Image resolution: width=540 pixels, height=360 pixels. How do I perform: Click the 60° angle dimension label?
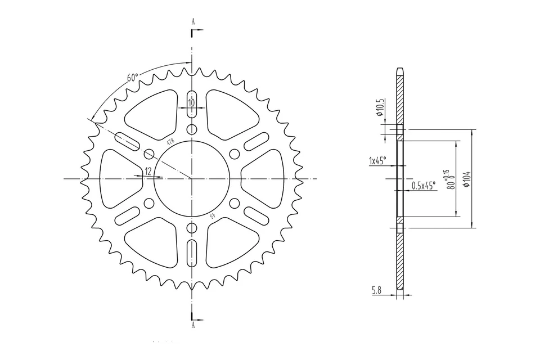(132, 78)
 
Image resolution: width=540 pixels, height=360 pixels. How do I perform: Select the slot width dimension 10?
(191, 102)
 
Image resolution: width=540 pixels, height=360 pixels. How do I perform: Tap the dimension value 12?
(148, 172)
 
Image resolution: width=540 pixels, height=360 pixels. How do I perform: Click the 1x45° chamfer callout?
(377, 161)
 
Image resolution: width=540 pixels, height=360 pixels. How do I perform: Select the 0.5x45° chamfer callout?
(423, 186)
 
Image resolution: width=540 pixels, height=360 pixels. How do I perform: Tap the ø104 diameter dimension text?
(466, 179)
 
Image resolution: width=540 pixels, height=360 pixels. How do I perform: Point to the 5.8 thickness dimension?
(377, 291)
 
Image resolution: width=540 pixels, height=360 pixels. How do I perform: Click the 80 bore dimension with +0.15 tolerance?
(449, 180)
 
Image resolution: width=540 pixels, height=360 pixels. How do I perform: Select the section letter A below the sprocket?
(193, 325)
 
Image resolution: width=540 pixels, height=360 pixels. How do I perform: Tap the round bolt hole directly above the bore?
(192, 130)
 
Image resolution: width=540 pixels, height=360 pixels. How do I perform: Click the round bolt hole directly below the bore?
(192, 227)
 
